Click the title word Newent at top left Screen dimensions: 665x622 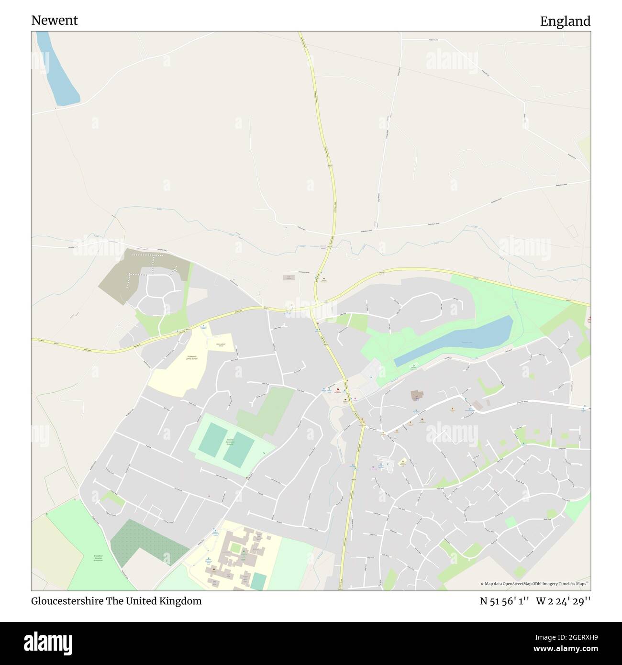55,21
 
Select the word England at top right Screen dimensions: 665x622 565,22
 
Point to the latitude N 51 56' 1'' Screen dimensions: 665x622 504,601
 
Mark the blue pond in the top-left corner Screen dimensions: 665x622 59,72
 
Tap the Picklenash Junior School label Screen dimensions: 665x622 191,357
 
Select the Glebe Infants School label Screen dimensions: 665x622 221,344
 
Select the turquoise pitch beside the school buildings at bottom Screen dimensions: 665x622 258,581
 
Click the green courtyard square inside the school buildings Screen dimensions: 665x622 236,546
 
